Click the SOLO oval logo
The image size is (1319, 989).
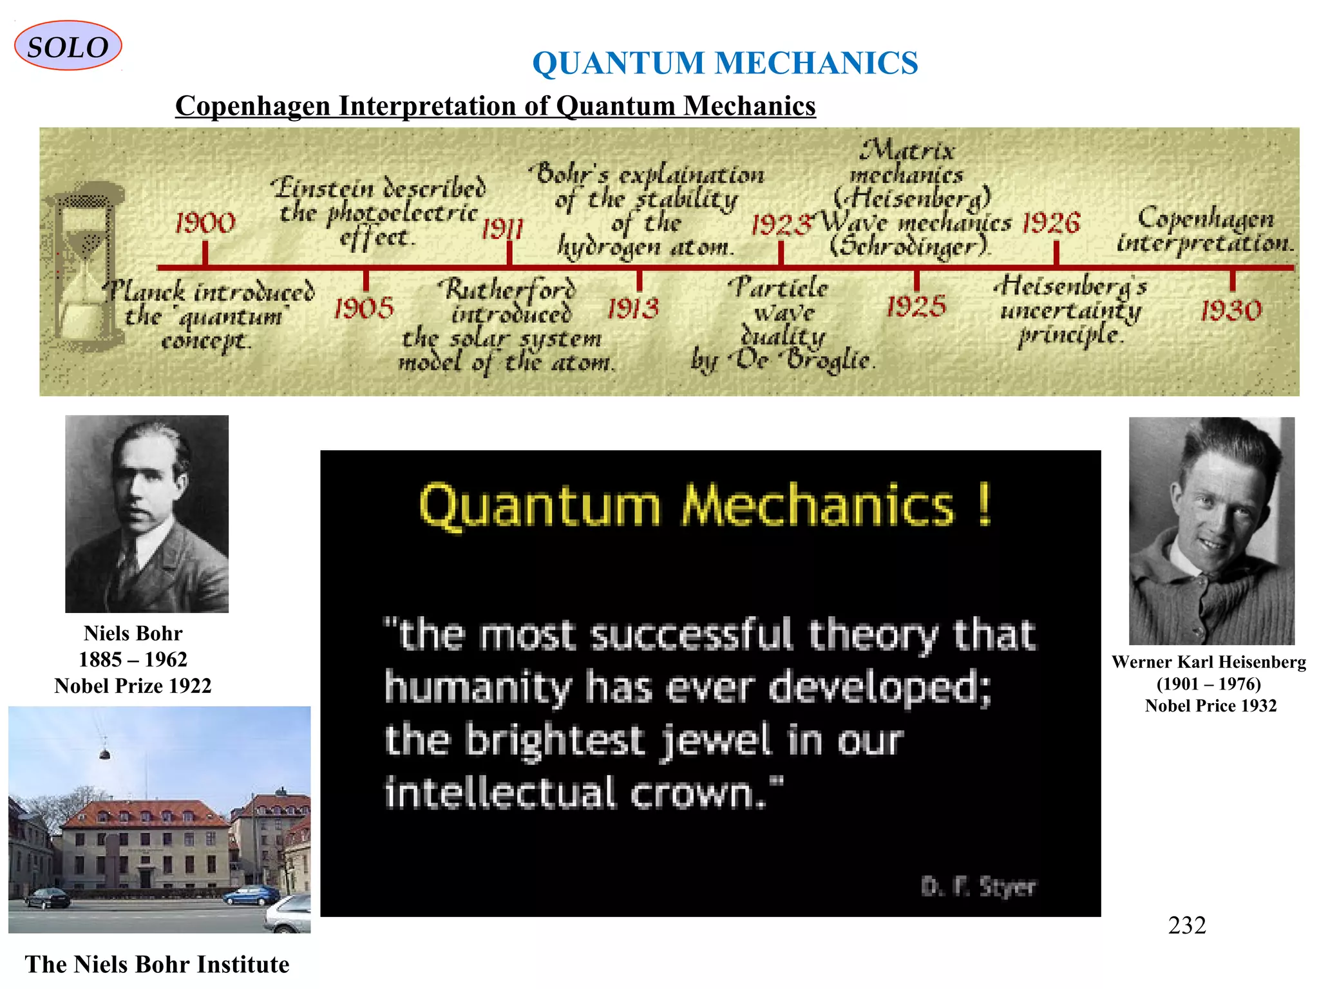pos(68,46)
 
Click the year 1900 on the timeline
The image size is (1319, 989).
pos(205,223)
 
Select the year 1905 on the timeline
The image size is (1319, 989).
pos(364,308)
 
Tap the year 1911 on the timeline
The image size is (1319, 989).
pos(502,228)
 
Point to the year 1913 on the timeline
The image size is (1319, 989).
pos(634,308)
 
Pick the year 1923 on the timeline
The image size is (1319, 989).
pos(781,225)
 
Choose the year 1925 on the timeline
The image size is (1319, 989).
pos(916,306)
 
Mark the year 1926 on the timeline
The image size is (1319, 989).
pos(1051,223)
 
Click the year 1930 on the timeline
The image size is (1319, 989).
pos(1231,311)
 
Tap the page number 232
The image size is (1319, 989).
pos(1186,925)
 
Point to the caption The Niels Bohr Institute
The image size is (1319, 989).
pos(157,964)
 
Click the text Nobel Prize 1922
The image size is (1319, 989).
pos(133,686)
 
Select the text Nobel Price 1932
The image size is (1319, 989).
pos(1210,706)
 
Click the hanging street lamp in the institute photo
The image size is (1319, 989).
pos(104,753)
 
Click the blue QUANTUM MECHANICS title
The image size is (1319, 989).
pos(725,63)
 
